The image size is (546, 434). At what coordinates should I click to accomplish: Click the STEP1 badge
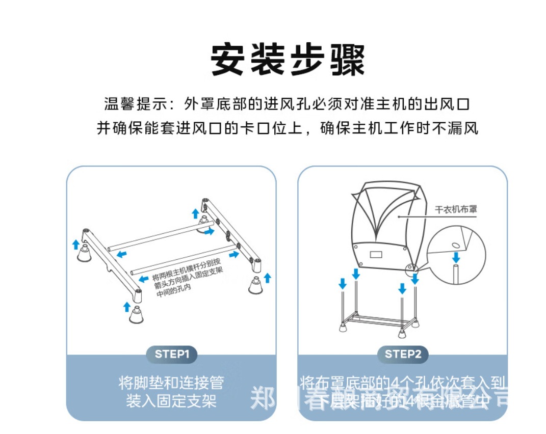(x=172, y=354)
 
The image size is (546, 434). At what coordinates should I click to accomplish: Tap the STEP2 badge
(x=403, y=354)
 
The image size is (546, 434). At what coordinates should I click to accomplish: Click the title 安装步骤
(x=288, y=61)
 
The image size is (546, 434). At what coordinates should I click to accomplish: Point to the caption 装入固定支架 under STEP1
(x=171, y=401)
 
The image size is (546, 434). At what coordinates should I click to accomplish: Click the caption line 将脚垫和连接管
(x=171, y=382)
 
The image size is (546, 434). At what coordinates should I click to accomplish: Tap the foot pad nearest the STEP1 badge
(x=136, y=315)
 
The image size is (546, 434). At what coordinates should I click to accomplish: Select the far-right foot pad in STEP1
(x=255, y=285)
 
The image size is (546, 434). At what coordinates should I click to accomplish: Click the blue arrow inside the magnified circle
(x=456, y=256)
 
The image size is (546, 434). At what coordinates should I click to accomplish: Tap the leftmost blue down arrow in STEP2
(x=343, y=283)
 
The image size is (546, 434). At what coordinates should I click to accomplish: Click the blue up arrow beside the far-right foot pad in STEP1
(x=268, y=278)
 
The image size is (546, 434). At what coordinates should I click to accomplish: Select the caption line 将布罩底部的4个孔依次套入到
(x=403, y=382)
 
